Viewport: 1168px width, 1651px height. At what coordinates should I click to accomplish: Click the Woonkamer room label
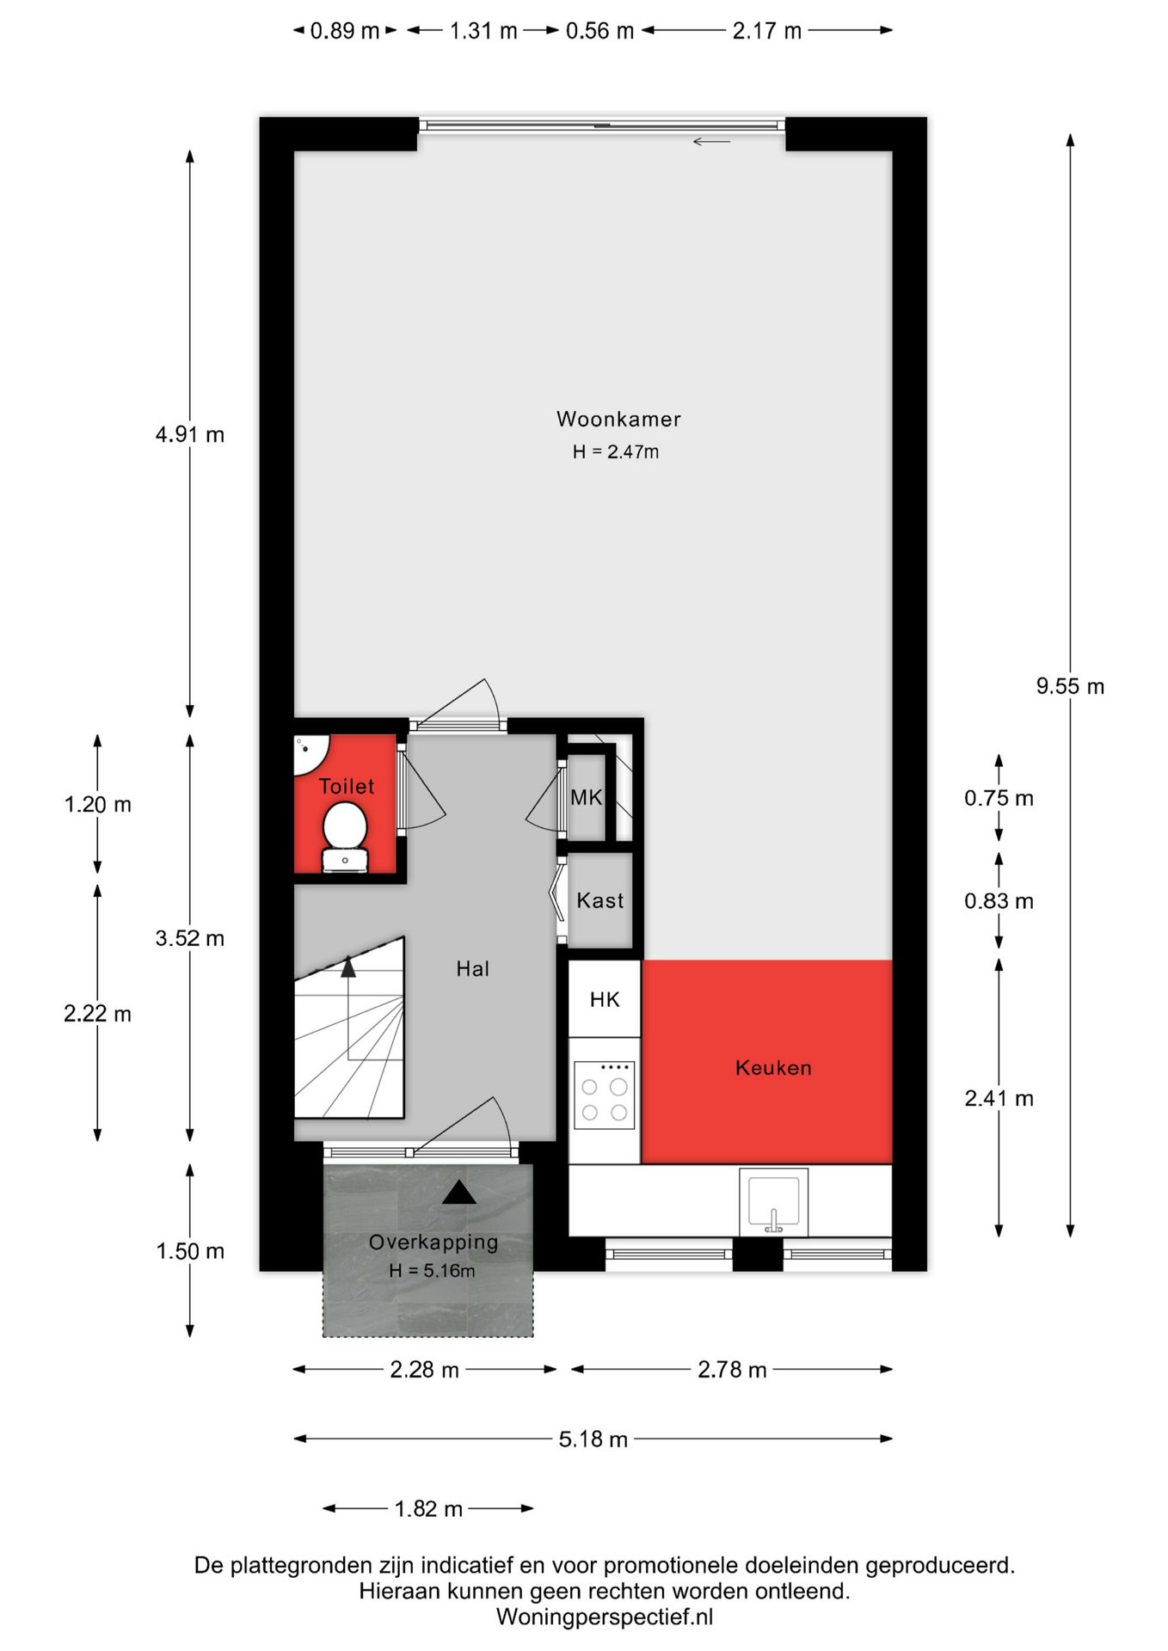(618, 419)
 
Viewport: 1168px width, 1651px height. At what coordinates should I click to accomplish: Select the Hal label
(472, 969)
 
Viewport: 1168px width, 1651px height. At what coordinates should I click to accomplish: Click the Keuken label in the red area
(773, 1068)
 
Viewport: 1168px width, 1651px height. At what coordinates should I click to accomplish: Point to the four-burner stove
(605, 1095)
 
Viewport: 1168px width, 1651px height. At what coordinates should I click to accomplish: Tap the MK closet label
(587, 797)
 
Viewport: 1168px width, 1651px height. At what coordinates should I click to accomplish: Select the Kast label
(600, 900)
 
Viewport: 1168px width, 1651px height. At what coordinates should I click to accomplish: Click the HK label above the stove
(605, 999)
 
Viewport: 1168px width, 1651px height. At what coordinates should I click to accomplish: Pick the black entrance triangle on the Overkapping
(459, 1193)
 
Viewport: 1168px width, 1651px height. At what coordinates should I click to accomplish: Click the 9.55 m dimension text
(1070, 686)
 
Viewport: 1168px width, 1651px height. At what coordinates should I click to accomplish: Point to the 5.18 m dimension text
(593, 1439)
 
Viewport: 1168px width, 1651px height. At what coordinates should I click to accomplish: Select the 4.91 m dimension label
(190, 434)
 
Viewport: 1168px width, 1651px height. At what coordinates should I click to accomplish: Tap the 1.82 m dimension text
(428, 1509)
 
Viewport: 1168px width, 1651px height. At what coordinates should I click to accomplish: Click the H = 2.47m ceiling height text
(616, 452)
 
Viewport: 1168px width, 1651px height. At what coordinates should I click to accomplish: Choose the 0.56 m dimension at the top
(599, 31)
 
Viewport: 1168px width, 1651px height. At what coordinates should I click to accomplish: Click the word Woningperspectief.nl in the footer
(605, 1617)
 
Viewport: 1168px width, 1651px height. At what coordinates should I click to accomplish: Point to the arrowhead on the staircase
(347, 967)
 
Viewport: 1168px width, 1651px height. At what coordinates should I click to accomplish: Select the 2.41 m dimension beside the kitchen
(999, 1098)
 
